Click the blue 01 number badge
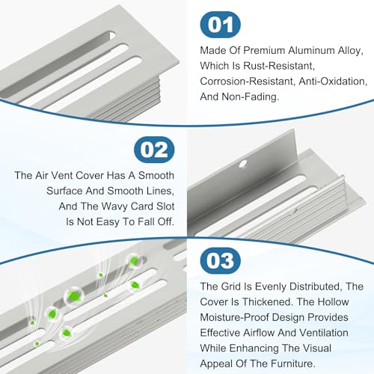coord(221,25)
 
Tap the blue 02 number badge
coord(154,150)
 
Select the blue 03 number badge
coord(221,260)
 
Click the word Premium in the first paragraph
coord(264,51)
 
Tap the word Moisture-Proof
coord(235,317)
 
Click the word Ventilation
coord(324,333)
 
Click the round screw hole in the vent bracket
coord(243,164)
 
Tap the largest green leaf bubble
coord(73,296)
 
